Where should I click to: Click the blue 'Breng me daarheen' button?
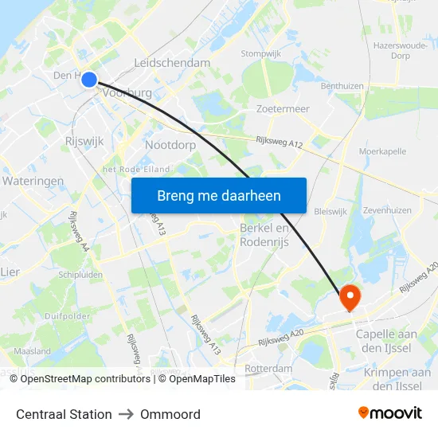(x=218, y=195)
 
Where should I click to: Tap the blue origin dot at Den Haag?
(x=89, y=79)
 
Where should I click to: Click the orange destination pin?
(x=350, y=298)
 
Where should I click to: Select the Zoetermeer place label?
(x=283, y=109)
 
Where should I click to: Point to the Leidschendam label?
(x=172, y=63)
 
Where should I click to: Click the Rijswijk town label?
(x=83, y=141)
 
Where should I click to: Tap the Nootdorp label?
(x=170, y=146)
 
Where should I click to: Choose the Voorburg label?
(x=127, y=93)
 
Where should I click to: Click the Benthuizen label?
(x=342, y=86)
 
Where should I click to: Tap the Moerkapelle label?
(x=383, y=151)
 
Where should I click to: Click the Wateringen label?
(x=33, y=182)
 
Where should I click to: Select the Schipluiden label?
(x=81, y=273)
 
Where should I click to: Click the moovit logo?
(x=389, y=413)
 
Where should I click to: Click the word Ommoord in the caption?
(x=170, y=414)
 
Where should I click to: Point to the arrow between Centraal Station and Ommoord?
(x=126, y=414)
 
